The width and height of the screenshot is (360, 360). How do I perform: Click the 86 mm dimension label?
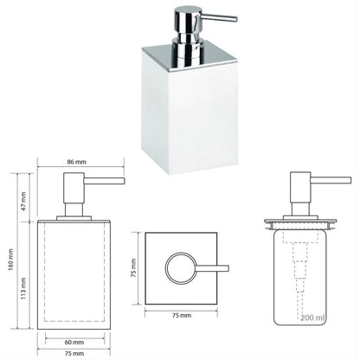click(x=77, y=162)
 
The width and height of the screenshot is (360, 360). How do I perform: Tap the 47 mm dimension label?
click(x=23, y=201)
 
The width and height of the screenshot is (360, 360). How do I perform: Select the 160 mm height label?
click(x=11, y=260)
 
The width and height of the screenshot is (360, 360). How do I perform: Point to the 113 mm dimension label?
click(x=23, y=288)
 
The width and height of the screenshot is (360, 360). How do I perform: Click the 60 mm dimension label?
click(x=74, y=343)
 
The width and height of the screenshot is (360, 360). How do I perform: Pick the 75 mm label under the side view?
click(x=74, y=353)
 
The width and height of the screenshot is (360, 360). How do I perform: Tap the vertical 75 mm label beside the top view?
click(x=133, y=268)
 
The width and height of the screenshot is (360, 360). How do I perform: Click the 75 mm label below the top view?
click(x=182, y=315)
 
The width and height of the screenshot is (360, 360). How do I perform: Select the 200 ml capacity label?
click(x=313, y=318)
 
